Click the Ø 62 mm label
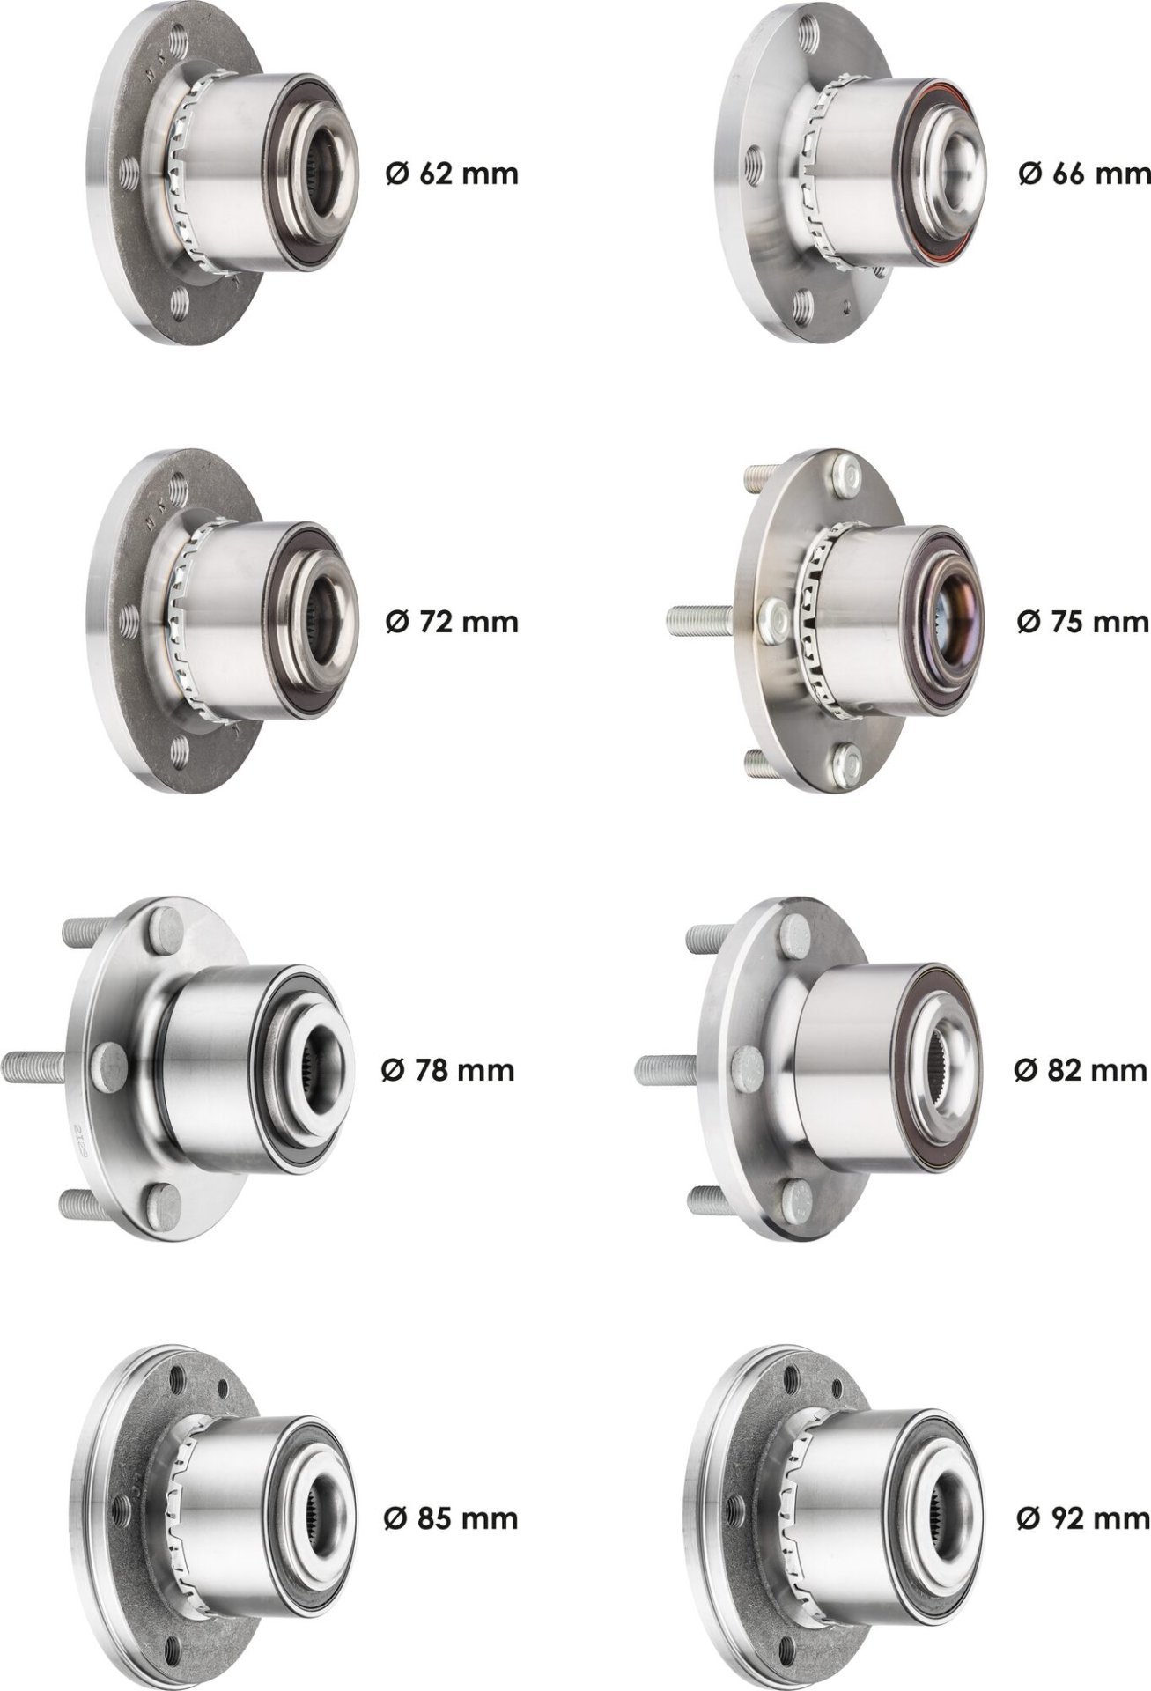point(452,174)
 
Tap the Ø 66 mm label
point(1084,174)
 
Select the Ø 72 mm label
point(452,622)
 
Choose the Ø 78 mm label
point(447,1070)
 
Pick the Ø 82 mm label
point(1081,1070)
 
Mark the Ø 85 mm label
point(451,1518)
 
